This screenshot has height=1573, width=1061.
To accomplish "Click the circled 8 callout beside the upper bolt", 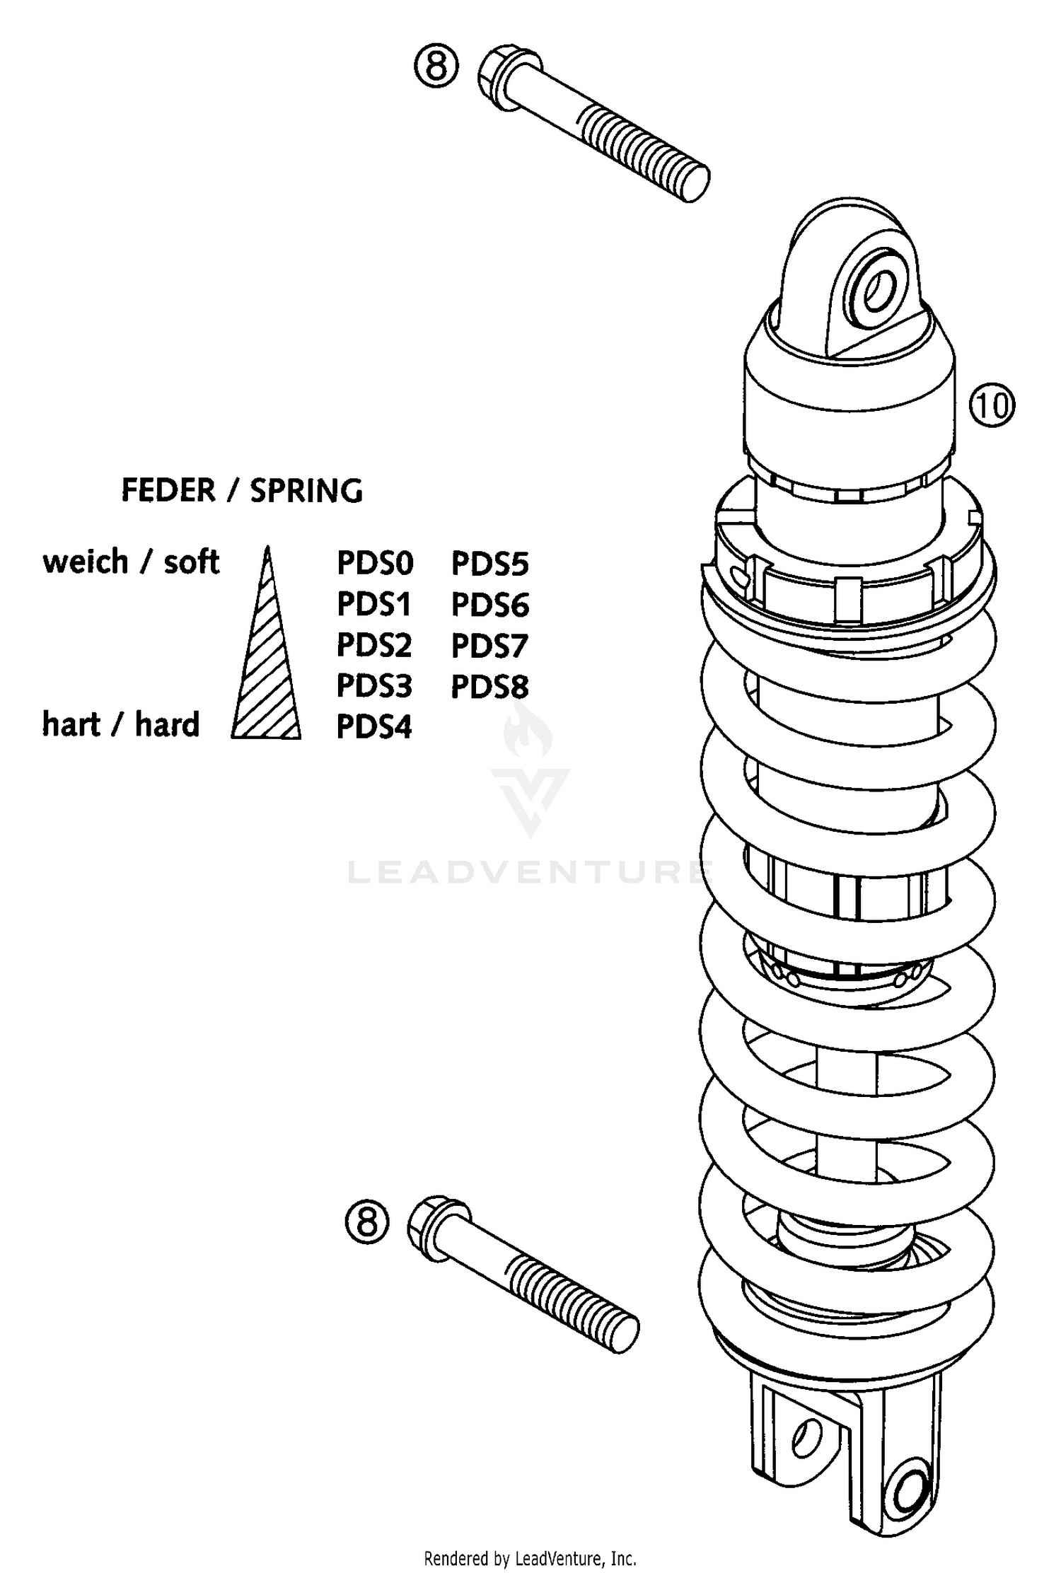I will pos(436,67).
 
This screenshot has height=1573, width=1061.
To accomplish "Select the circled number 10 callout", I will pos(992,405).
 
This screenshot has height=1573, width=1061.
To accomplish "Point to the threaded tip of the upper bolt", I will pos(690,182).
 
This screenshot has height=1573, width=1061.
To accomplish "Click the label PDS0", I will pos(375,564).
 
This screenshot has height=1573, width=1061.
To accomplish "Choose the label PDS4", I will pos(373,726).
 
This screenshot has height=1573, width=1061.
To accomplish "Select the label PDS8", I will pos(489,687).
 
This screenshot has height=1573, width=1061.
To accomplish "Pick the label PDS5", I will pos(489,564).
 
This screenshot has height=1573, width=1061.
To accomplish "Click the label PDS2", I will pos(373,645).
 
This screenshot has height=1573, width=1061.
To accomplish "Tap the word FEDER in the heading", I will pos(168,490).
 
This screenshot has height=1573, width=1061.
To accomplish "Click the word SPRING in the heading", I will pos(306,491).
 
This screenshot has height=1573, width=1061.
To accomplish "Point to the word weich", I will pos(86,562).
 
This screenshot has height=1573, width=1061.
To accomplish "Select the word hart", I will pos(71,725).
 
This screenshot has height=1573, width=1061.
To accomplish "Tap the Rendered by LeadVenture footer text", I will pos(530,1558).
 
